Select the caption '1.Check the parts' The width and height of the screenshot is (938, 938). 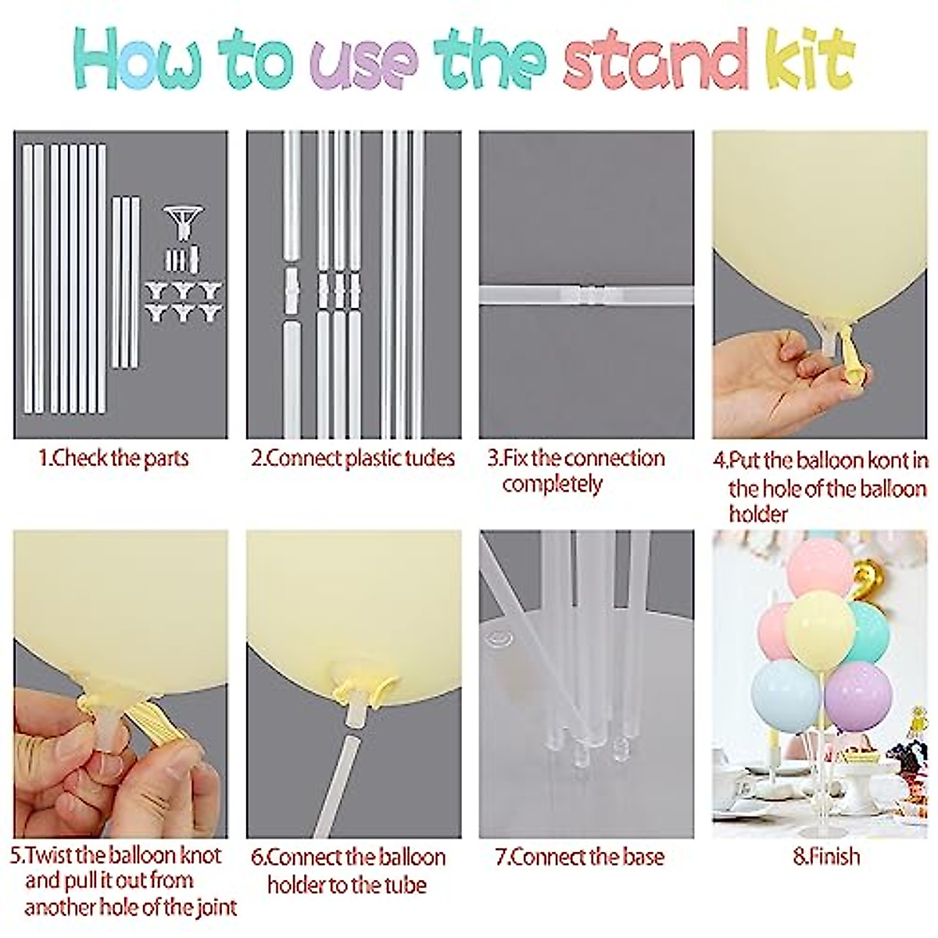point(114,458)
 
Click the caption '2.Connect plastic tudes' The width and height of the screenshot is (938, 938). point(353,458)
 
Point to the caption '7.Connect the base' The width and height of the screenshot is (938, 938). point(579,857)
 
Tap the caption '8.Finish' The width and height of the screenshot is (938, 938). point(826,857)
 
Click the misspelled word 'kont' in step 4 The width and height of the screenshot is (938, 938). point(884,460)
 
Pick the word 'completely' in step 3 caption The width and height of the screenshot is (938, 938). point(553,485)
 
